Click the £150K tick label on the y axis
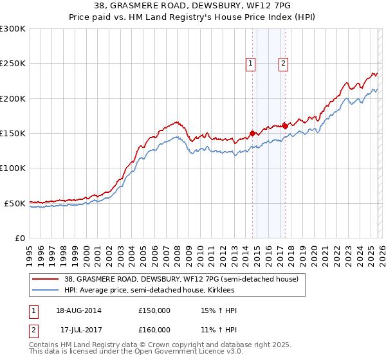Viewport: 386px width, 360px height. pos(13,133)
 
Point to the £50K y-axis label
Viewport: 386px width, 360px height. pos(15,203)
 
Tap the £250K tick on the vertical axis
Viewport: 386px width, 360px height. pos(13,64)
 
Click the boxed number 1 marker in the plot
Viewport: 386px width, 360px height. pos(250,63)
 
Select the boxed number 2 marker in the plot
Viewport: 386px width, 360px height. pos(283,63)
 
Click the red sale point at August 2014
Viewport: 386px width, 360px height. pos(252,133)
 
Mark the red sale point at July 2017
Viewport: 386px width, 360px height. pos(285,126)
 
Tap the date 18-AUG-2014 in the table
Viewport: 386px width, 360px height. pos(78,310)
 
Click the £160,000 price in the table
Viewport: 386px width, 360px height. pos(154,329)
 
